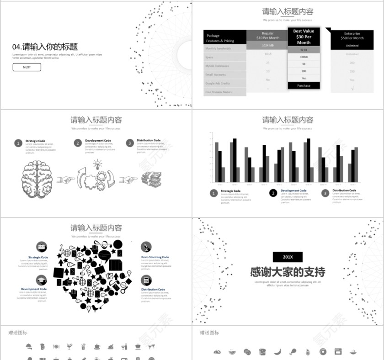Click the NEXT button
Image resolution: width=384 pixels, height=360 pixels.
(27, 67)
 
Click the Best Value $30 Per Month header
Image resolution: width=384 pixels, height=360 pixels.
(304, 37)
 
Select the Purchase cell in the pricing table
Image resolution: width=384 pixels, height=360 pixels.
(304, 85)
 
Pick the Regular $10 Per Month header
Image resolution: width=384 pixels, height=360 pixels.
(267, 36)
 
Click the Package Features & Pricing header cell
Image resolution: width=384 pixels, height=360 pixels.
(225, 38)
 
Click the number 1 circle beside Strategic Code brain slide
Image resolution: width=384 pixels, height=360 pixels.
(18, 143)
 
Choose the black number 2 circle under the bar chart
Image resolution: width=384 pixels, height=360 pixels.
(273, 193)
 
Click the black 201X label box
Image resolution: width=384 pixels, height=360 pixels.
(288, 257)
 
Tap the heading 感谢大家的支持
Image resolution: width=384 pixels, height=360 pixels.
(288, 272)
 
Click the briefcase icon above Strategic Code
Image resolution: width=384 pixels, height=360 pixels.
(42, 247)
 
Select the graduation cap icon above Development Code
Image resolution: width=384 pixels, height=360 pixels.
(42, 280)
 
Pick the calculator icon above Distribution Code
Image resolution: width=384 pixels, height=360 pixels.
(146, 281)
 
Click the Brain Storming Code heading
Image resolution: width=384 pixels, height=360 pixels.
(155, 257)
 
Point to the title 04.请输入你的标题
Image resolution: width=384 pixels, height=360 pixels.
(45, 47)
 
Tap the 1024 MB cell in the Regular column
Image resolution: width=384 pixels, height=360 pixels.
(267, 46)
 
